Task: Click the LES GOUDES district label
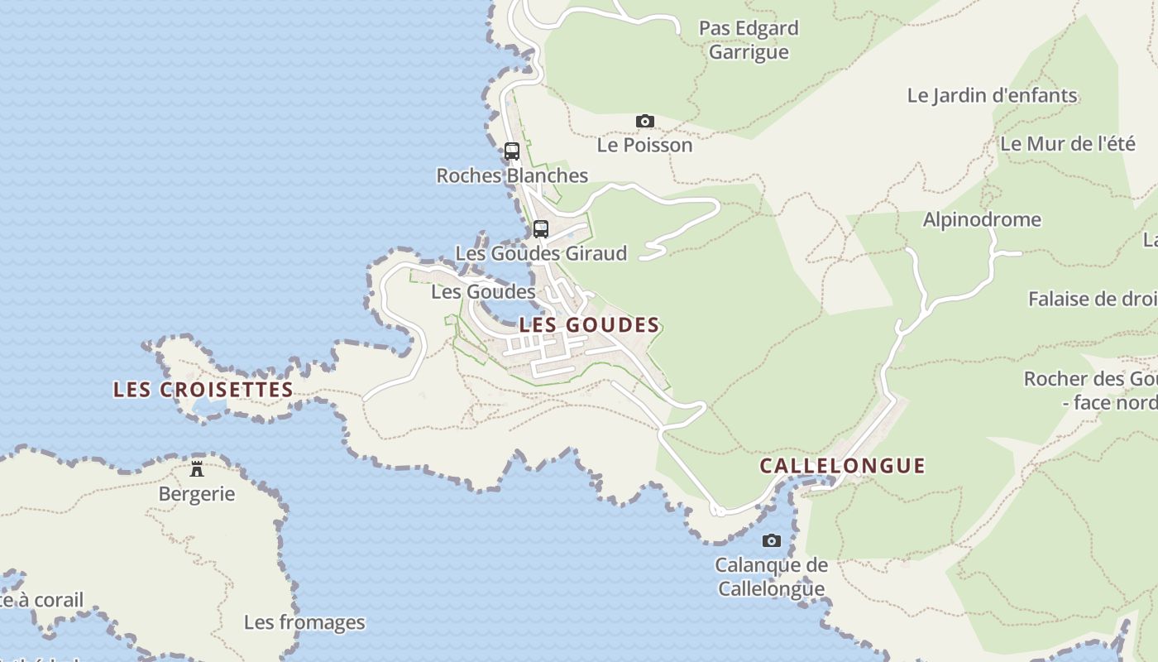(x=589, y=325)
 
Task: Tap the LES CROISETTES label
(x=203, y=390)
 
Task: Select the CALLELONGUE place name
(x=842, y=466)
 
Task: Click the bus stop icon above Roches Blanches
(x=512, y=151)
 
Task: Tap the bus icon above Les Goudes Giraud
(x=541, y=229)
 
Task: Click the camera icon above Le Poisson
(x=645, y=122)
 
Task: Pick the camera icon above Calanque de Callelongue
(x=772, y=541)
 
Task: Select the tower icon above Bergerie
(x=197, y=469)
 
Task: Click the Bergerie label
(x=197, y=494)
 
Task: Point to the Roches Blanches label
(x=512, y=175)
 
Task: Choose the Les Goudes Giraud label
(x=541, y=253)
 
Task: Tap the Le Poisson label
(x=645, y=146)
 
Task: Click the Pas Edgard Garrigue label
(x=749, y=41)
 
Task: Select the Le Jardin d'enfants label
(x=992, y=95)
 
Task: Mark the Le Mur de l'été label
(x=1068, y=143)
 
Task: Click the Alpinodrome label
(x=982, y=220)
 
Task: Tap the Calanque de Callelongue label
(x=772, y=577)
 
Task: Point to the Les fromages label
(x=304, y=622)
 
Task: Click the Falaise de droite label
(x=1092, y=299)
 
